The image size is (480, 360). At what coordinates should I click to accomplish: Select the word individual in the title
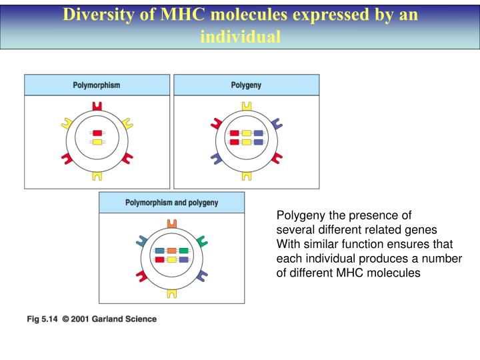click(240, 37)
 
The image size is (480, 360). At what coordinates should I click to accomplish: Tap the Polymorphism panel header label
click(97, 85)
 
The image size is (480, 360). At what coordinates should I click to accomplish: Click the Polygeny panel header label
click(246, 85)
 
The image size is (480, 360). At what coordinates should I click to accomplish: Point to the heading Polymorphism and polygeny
click(171, 203)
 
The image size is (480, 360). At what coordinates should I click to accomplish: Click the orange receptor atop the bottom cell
click(171, 223)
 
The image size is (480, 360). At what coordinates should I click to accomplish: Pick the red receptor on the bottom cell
click(141, 275)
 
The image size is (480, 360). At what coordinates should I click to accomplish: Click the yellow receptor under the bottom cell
click(171, 292)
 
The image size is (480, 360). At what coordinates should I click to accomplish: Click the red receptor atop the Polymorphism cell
click(97, 106)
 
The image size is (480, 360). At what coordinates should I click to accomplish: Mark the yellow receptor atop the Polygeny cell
click(246, 106)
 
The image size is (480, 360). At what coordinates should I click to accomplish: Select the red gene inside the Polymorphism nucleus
click(97, 133)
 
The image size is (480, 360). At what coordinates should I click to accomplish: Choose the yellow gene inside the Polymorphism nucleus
click(97, 142)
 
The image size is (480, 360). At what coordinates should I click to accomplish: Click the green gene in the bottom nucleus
click(183, 251)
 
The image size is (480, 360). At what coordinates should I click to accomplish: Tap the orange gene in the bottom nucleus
click(171, 251)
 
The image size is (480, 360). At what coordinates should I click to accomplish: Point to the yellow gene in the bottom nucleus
click(171, 259)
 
